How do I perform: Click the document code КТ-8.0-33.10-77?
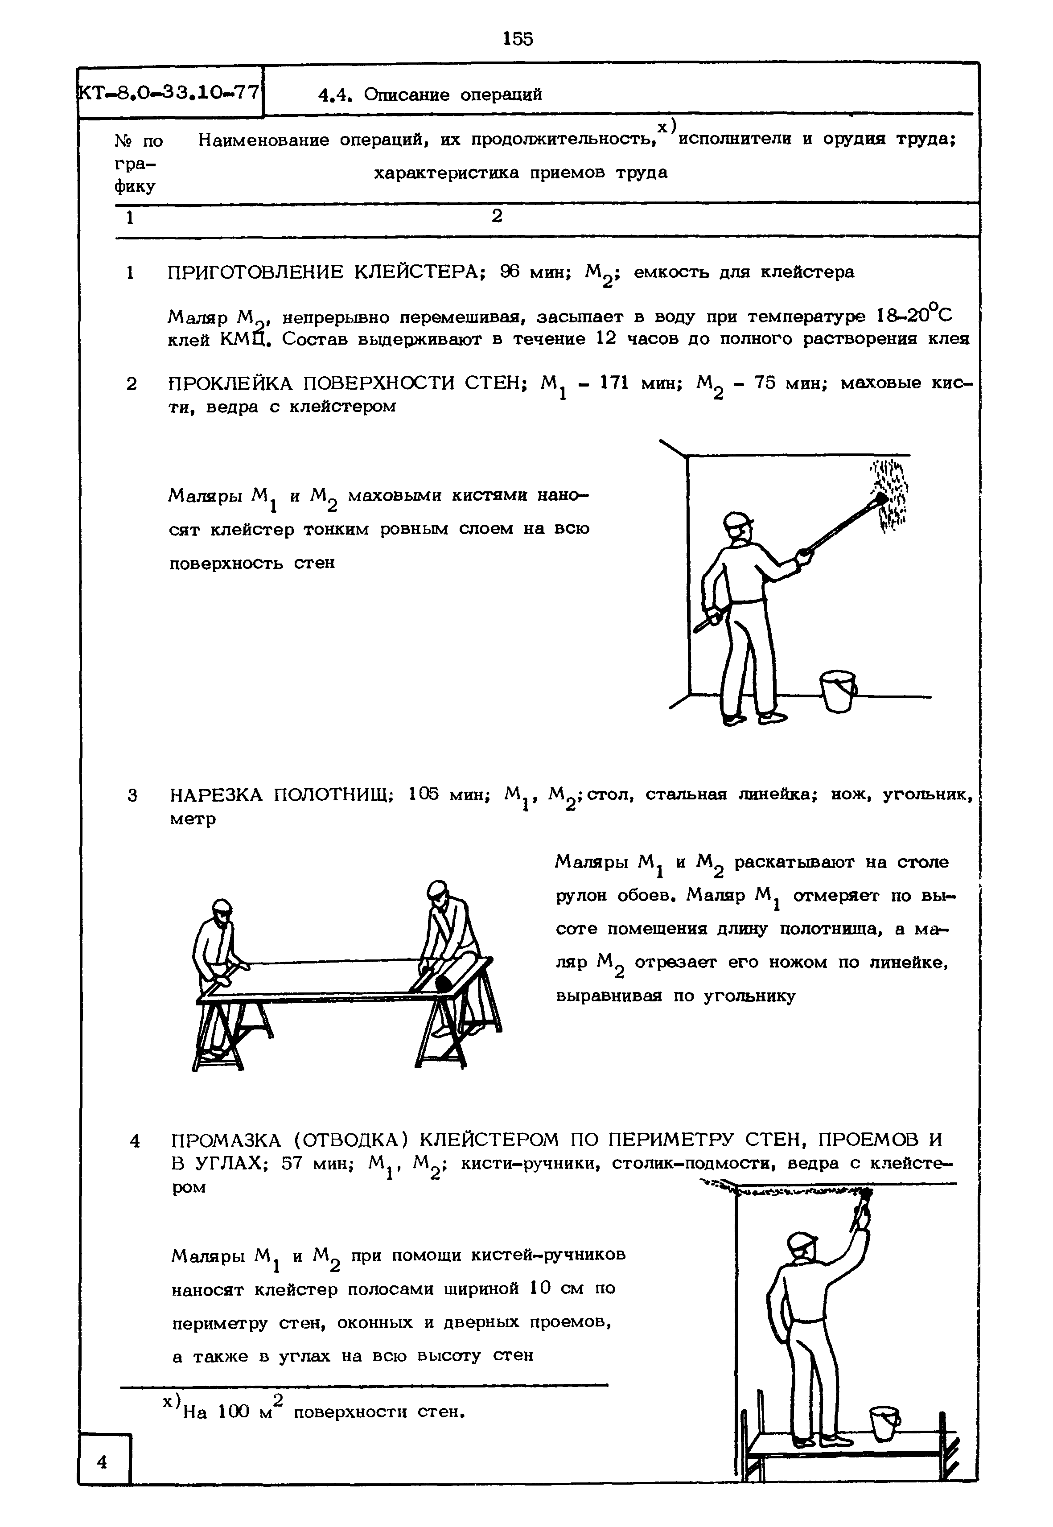[x=169, y=92]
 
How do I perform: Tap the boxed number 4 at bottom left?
[x=102, y=1461]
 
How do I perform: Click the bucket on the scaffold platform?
[x=884, y=1424]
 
